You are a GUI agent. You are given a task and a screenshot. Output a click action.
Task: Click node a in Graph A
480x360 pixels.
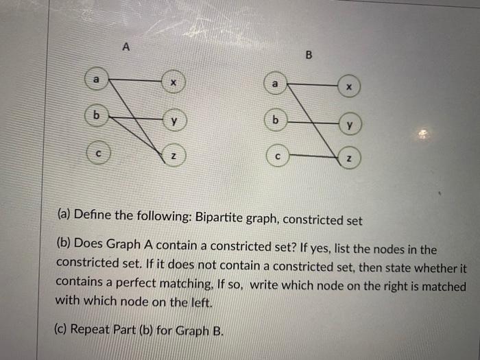[x=97, y=80]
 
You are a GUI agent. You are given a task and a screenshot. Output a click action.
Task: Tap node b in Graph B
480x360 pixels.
[x=276, y=120]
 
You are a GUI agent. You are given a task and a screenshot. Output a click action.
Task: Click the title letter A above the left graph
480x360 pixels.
[x=125, y=47]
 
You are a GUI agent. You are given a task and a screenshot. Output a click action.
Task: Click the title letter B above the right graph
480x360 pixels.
[x=308, y=56]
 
